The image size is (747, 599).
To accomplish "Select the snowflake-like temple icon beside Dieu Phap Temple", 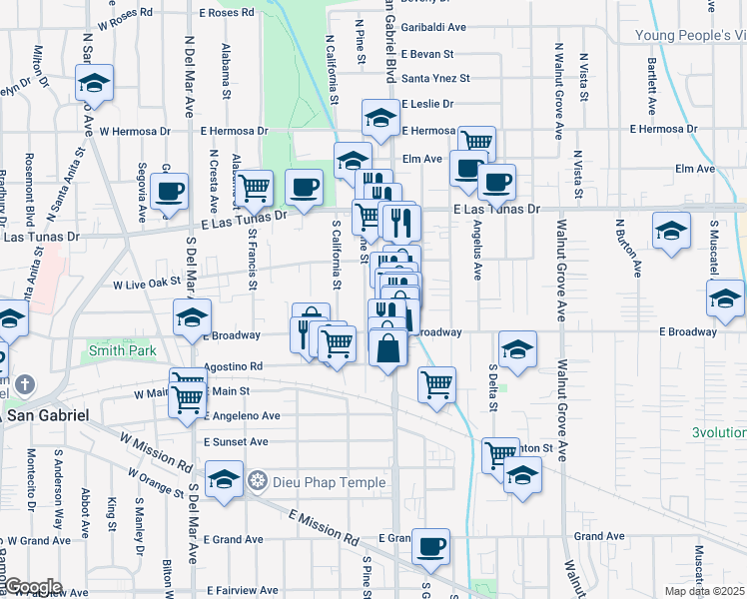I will pyautogui.click(x=258, y=482).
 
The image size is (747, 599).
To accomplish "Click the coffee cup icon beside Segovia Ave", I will pyautogui.click(x=170, y=189).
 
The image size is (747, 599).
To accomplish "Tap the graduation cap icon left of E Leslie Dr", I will pyautogui.click(x=379, y=118).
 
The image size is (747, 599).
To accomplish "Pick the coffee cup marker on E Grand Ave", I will pyautogui.click(x=431, y=545).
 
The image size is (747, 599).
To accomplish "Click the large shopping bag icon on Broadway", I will pyautogui.click(x=388, y=348).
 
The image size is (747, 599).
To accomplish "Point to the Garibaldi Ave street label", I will pyautogui.click(x=434, y=28).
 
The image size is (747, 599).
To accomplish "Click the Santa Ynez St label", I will pyautogui.click(x=435, y=78).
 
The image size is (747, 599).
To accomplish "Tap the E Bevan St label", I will pyautogui.click(x=428, y=54).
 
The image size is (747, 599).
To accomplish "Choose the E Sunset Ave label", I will pyautogui.click(x=236, y=441).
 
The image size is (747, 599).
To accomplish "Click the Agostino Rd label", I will pyautogui.click(x=233, y=366).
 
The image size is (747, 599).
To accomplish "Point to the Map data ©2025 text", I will pyautogui.click(x=704, y=591).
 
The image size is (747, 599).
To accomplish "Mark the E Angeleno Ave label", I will pyautogui.click(x=242, y=415).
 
